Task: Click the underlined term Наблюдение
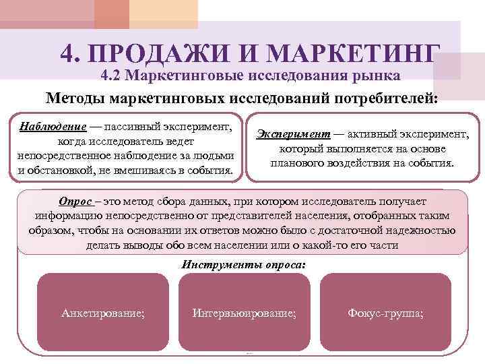pos(53,127)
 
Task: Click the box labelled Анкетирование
pos(102,313)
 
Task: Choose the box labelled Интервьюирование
pos(244,313)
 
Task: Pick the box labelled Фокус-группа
pos(385,313)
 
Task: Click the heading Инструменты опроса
pos(243,264)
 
